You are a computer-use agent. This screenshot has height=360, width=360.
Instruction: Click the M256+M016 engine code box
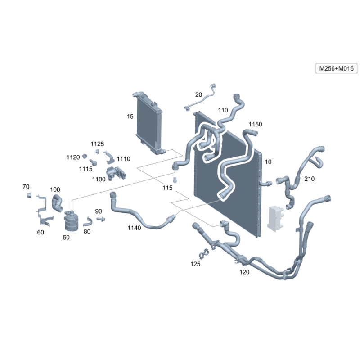click(x=336, y=68)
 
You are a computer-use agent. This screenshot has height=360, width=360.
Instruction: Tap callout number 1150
click(x=255, y=124)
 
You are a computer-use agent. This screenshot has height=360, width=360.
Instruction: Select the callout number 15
click(x=130, y=117)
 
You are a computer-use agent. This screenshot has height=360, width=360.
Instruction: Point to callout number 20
click(x=198, y=94)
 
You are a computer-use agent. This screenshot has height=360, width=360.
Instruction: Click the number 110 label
click(x=223, y=110)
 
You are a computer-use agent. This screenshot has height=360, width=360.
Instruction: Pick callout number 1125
click(x=97, y=144)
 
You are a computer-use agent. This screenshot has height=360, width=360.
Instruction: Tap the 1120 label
click(x=73, y=157)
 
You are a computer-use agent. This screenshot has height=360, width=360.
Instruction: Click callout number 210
click(x=309, y=179)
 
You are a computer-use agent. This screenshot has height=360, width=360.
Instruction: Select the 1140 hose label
click(x=134, y=228)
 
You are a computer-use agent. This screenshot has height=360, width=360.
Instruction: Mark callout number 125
click(x=195, y=264)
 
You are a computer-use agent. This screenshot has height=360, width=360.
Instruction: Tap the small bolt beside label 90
click(x=101, y=219)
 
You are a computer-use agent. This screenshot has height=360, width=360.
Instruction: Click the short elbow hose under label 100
click(x=57, y=203)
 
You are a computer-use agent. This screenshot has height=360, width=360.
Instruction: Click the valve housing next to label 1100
click(x=116, y=174)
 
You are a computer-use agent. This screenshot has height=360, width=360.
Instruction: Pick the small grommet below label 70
click(x=29, y=195)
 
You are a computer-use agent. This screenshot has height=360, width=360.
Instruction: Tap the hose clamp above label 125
click(x=204, y=254)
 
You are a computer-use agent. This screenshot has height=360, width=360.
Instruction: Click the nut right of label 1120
click(x=85, y=156)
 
